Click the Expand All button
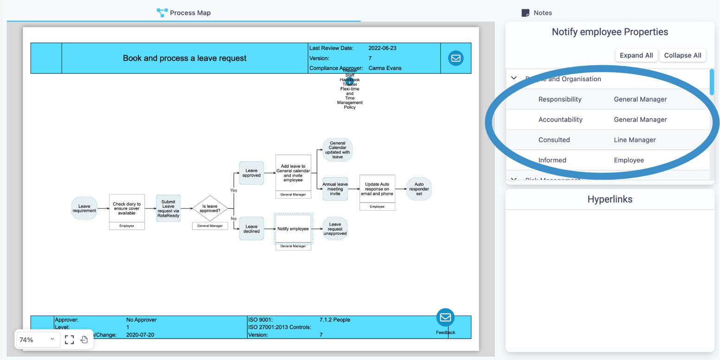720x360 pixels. (x=636, y=55)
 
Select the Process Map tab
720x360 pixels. (x=184, y=13)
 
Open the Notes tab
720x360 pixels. (x=537, y=13)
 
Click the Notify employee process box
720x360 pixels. (x=293, y=229)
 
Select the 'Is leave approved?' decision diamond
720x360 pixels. (x=210, y=208)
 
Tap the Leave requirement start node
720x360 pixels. (x=84, y=208)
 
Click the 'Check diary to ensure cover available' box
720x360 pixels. (x=127, y=208)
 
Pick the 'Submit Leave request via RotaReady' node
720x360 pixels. (x=168, y=208)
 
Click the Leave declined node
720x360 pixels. (x=251, y=229)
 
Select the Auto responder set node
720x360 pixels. (x=419, y=189)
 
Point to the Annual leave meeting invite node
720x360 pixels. (x=335, y=189)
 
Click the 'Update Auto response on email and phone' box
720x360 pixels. (x=377, y=189)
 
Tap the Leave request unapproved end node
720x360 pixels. (x=335, y=229)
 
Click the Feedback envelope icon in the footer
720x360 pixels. (x=445, y=318)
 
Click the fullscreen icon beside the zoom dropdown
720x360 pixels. (x=69, y=340)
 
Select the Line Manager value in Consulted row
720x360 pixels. (x=635, y=140)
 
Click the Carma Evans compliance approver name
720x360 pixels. (x=385, y=68)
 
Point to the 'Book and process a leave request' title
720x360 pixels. (x=185, y=58)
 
